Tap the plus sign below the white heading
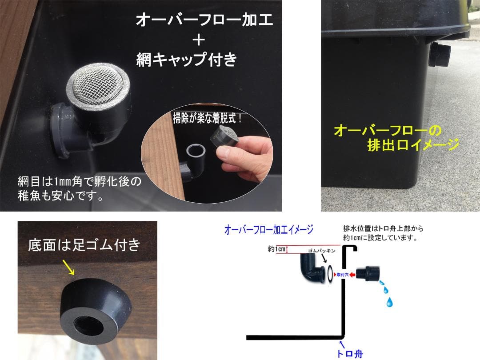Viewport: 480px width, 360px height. (199, 40)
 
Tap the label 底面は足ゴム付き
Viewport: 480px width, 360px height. (84, 244)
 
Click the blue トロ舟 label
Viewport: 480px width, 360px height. (350, 354)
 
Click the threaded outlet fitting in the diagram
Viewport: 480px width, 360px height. (368, 273)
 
